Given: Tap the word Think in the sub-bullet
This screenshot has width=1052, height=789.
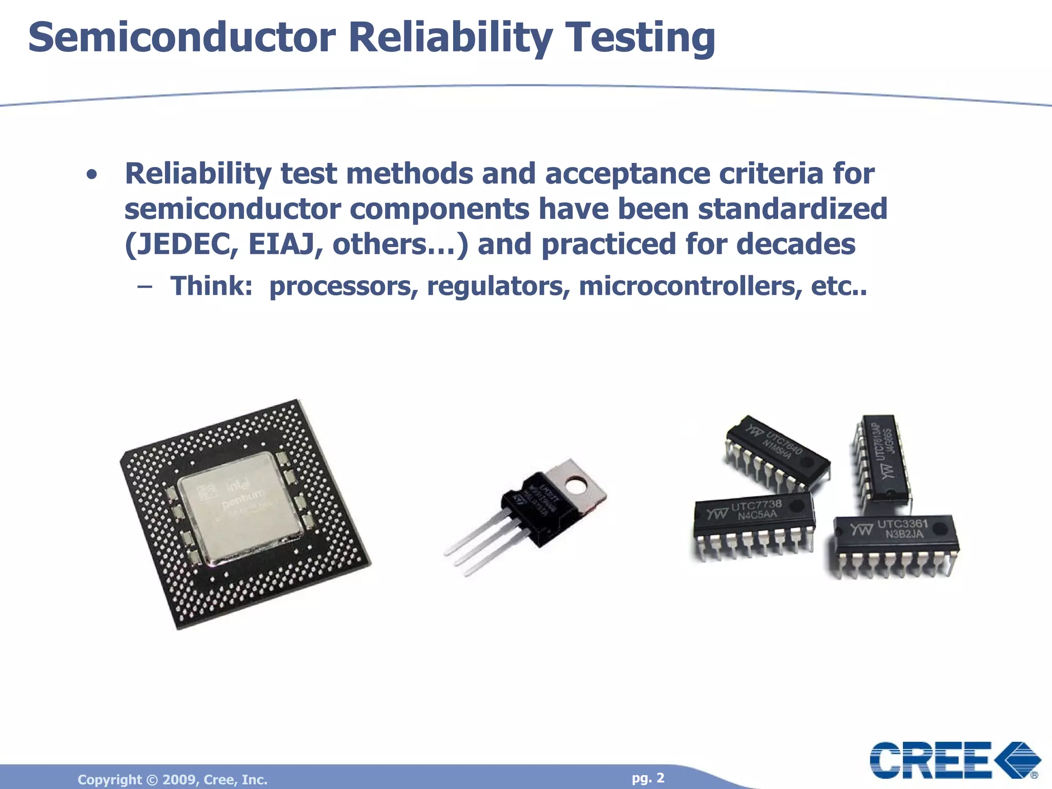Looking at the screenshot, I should tap(211, 286).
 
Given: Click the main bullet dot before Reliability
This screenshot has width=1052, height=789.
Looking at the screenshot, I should tap(92, 175).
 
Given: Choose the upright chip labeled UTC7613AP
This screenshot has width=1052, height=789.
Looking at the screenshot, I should tap(882, 460).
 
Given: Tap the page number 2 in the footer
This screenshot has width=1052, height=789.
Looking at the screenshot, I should tap(660, 778).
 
